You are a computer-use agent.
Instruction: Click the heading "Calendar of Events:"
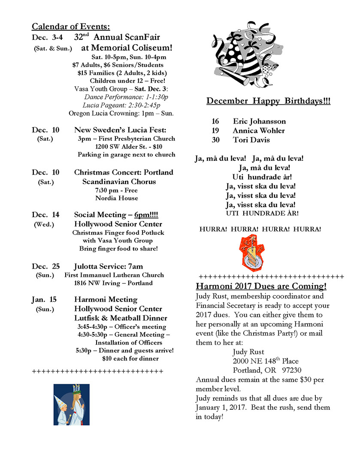pos(71,27)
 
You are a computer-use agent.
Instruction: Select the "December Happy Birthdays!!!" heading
pos(268,101)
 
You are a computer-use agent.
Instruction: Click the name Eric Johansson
pos(259,121)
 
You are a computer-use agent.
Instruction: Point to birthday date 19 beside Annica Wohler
pos(215,130)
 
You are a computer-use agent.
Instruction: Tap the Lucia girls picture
pos(71,404)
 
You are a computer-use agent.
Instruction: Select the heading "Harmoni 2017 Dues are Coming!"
pos(261,286)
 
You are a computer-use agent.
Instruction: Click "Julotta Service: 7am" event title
pos(109,266)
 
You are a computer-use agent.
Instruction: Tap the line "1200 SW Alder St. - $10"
pos(127,147)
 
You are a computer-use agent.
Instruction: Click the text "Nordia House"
pos(117,198)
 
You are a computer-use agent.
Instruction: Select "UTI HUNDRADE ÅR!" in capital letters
pos(262,213)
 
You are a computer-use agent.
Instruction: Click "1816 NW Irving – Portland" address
pos(113,283)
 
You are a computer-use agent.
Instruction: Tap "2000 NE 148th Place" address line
pos(266,361)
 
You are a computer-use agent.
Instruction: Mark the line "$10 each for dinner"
pos(130,358)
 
